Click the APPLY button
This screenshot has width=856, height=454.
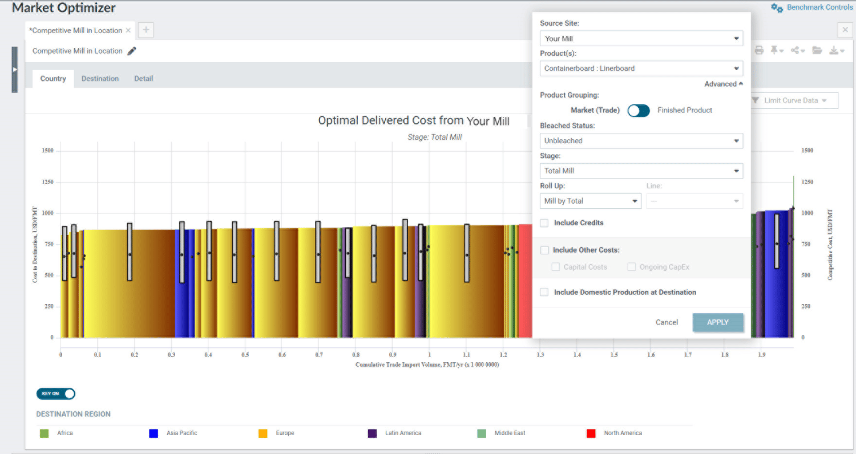(x=717, y=322)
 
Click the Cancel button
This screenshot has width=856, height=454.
(x=666, y=322)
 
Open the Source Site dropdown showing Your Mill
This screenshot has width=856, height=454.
(x=641, y=39)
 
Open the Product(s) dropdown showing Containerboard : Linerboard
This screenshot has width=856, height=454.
(x=641, y=68)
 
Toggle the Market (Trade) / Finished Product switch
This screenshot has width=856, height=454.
(x=638, y=110)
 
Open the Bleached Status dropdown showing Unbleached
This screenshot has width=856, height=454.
(x=641, y=141)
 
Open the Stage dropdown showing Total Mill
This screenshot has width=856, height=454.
(x=641, y=171)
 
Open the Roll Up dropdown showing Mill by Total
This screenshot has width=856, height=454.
(x=590, y=201)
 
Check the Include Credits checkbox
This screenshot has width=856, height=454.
(x=544, y=223)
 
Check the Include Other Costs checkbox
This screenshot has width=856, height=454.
(x=544, y=250)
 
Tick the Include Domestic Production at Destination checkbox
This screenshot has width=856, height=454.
(x=544, y=292)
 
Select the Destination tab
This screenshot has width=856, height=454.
(x=100, y=79)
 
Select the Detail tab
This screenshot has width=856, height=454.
(x=143, y=79)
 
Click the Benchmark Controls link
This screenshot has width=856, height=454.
(x=813, y=7)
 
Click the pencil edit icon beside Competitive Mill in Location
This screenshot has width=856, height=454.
(x=132, y=51)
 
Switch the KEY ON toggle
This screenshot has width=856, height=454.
(x=56, y=394)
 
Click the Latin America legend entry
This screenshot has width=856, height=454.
(x=402, y=433)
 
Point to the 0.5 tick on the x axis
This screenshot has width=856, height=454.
(x=245, y=354)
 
